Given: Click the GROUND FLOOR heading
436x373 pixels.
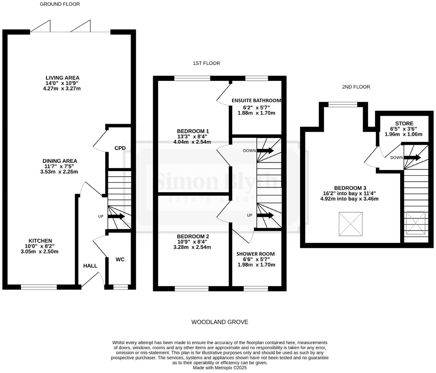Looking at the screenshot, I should [60, 4].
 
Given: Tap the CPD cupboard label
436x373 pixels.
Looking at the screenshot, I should [120, 148].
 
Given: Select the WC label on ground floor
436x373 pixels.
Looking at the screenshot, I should [120, 259].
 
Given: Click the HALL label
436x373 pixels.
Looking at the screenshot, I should [90, 266].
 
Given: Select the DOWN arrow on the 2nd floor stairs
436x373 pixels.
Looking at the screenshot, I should [412, 158].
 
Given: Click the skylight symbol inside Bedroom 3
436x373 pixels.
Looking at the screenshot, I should [350, 224].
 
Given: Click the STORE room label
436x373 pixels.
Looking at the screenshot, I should [404, 123].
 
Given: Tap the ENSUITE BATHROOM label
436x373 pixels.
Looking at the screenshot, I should [256, 100].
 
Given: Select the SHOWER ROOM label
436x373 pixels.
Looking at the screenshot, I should [255, 254].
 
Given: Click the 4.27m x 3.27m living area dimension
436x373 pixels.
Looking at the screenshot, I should [62, 89].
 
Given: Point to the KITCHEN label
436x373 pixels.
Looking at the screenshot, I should [40, 241].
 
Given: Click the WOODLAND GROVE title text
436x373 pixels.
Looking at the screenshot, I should [220, 322].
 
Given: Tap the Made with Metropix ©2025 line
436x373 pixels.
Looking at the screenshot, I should [220, 368].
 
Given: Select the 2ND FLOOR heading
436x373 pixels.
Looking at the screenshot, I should [356, 87].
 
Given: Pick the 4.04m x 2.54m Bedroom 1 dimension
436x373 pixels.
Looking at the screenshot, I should [192, 142].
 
